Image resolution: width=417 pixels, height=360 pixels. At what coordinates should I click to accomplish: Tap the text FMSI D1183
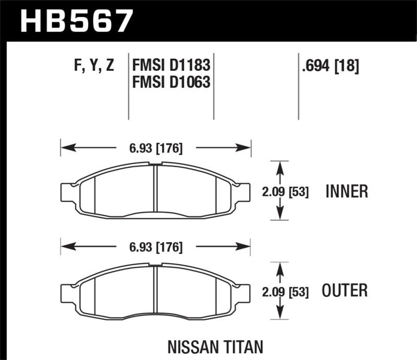pos(171,66)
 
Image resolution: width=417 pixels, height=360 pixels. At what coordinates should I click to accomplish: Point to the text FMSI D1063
pos(171,82)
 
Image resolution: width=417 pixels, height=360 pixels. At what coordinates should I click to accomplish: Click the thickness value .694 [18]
pos(329,66)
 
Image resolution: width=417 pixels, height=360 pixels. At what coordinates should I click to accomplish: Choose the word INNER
pos(347,192)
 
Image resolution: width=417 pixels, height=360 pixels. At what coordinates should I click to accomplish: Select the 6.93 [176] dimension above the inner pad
pos(156,148)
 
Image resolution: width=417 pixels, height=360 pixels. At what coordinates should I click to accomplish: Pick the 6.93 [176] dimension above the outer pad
pos(156,247)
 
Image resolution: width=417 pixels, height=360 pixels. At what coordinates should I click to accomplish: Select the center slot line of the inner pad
pos(156,190)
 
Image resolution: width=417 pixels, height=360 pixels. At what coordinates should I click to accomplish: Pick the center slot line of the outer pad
pos(156,290)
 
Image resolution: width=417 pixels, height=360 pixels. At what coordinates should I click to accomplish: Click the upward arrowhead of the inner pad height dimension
pos(280,166)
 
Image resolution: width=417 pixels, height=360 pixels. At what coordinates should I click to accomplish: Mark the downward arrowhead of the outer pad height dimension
pos(280,314)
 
